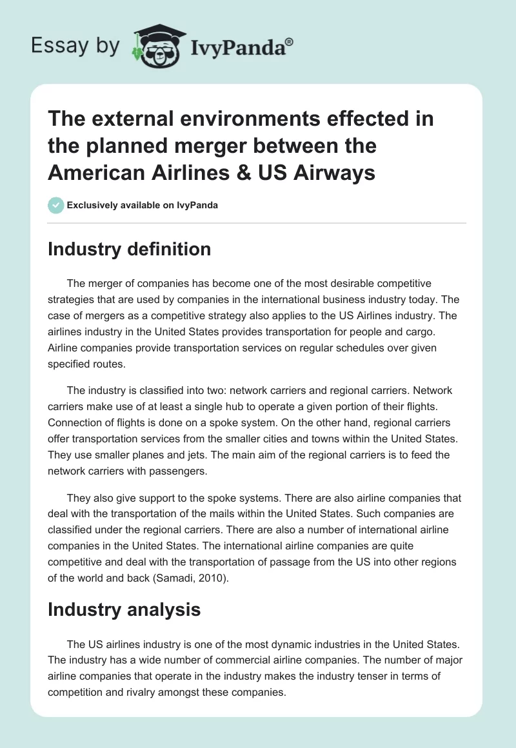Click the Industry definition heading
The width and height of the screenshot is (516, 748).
tap(129, 249)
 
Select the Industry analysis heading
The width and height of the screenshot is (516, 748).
tap(124, 609)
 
